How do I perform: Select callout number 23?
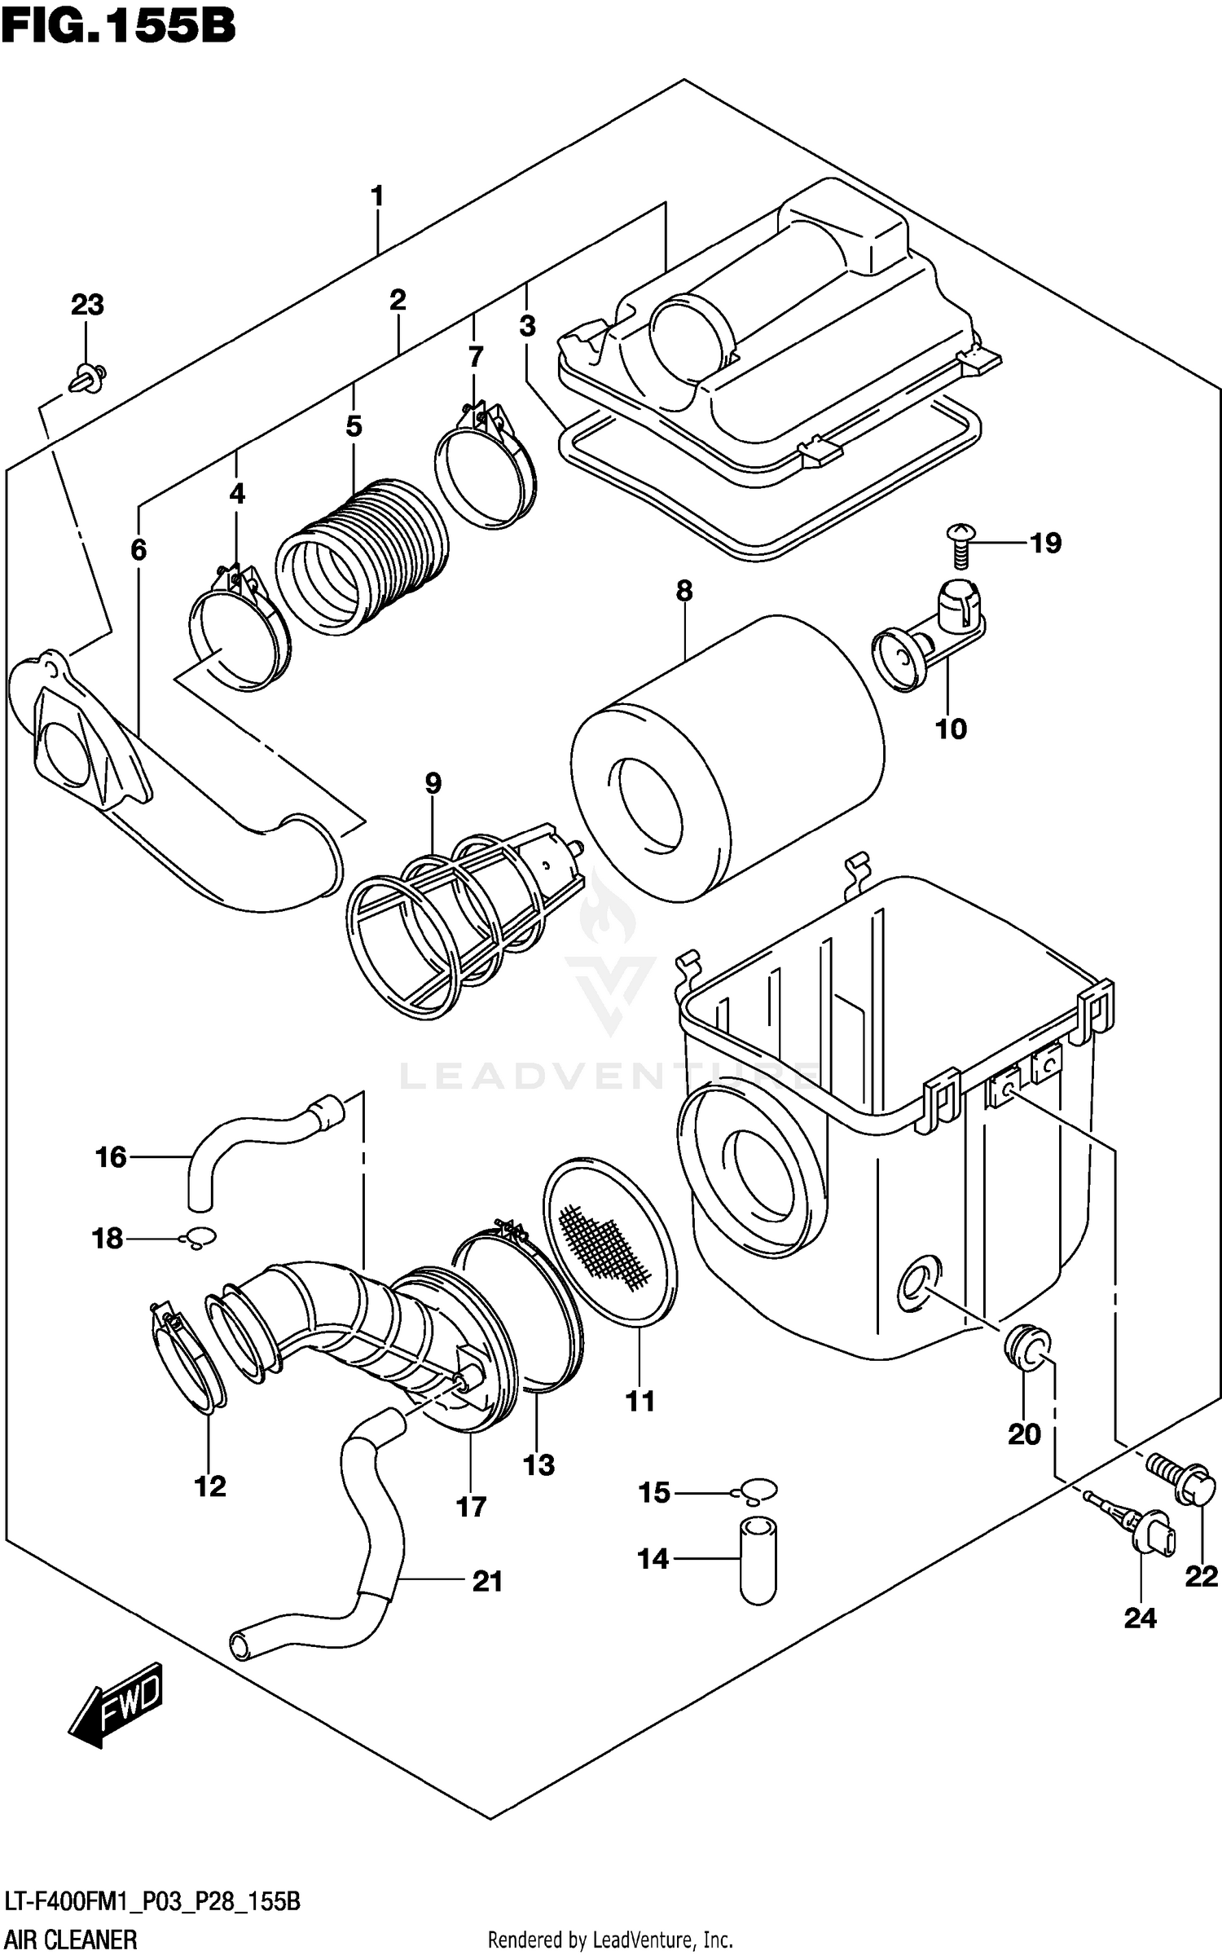pos(87,305)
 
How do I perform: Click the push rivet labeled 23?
pos(87,378)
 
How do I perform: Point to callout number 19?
pos(1046,543)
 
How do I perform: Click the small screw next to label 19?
pos(961,545)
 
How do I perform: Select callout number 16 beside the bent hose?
pos(111,1156)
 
